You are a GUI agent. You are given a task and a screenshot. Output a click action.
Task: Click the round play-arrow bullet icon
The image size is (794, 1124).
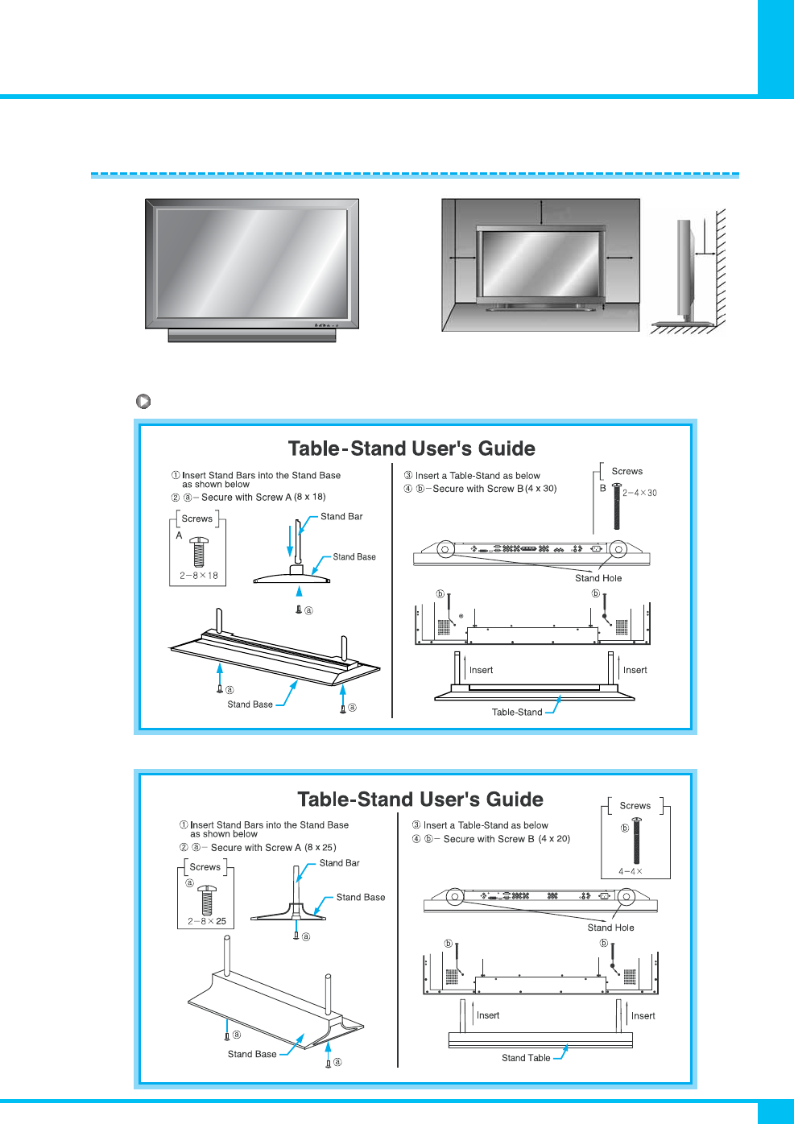(143, 401)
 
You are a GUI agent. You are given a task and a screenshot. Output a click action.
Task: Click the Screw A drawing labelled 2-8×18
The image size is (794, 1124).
(199, 552)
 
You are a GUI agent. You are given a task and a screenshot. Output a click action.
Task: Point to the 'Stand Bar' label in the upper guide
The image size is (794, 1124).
(341, 516)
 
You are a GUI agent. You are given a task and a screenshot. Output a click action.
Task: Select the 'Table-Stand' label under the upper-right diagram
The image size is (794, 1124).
(517, 712)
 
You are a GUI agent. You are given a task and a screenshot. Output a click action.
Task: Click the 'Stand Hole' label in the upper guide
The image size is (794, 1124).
(598, 578)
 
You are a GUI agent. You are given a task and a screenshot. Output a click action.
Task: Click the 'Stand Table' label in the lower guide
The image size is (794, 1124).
(526, 1058)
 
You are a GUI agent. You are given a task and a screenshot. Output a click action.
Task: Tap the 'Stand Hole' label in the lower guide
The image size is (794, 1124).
(610, 928)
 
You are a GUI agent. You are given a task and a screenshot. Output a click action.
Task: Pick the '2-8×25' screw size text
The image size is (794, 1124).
(207, 921)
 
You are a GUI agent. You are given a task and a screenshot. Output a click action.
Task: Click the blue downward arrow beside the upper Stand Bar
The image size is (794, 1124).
(290, 539)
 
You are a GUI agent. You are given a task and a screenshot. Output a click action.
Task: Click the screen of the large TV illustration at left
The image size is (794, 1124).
(252, 263)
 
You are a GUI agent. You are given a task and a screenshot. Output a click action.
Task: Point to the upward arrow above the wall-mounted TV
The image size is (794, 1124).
(541, 212)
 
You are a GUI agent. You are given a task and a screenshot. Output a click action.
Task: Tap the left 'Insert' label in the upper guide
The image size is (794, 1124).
(481, 670)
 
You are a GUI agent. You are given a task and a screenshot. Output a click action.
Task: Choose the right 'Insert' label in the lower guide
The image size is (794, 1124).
(643, 1016)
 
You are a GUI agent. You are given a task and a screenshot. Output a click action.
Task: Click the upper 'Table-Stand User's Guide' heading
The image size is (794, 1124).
(411, 448)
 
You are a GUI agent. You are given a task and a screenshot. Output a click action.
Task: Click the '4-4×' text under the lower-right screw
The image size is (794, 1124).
(631, 871)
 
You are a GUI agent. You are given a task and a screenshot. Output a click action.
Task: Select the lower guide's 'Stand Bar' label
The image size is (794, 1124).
(339, 863)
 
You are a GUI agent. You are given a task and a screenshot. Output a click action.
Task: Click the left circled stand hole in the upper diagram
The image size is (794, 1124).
(445, 549)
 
